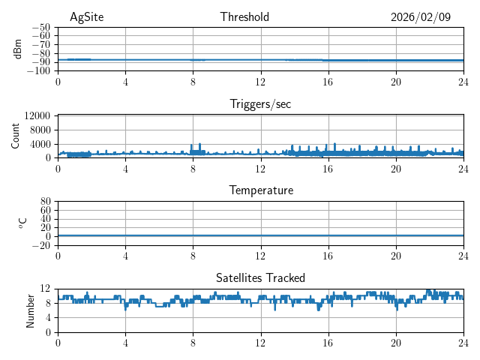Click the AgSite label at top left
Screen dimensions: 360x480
point(85,17)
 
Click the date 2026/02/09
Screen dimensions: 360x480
point(421,17)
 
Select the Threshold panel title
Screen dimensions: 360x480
point(244,17)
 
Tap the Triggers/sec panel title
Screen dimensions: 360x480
point(260,104)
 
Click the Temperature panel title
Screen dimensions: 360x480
point(260,190)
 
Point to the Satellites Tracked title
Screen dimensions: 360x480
point(260,277)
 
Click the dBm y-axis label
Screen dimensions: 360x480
point(18,49)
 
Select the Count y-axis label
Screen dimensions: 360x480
point(16,136)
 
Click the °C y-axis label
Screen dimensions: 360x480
point(22,223)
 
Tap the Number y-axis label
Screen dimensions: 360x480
point(30,310)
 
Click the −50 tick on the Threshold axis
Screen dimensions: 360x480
point(41,27)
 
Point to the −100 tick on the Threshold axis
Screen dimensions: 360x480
point(39,70)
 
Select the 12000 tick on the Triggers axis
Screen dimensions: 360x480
point(37,115)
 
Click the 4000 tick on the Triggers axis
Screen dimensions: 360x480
point(40,143)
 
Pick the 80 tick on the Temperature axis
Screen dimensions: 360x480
point(46,201)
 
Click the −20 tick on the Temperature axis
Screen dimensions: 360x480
point(41,244)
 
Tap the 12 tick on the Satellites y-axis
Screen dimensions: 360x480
point(46,289)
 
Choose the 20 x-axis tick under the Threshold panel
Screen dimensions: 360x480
point(395,81)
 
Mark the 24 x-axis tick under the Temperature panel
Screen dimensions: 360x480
point(463,255)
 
